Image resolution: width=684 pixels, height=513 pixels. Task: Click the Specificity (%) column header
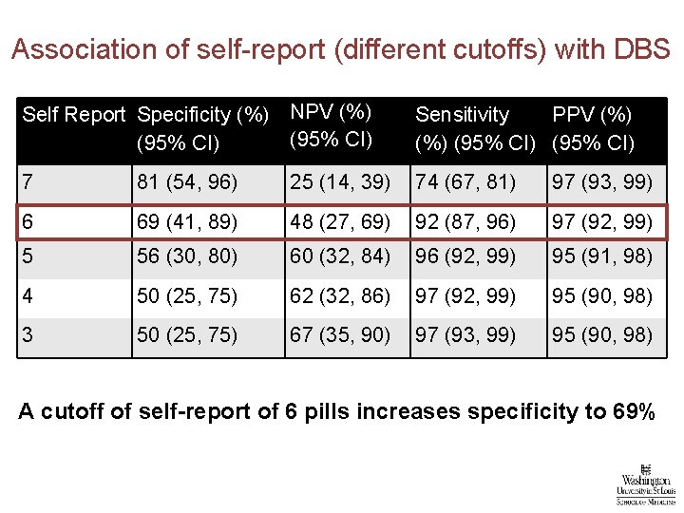click(x=202, y=128)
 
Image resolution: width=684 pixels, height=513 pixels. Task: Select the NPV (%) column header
click(x=330, y=125)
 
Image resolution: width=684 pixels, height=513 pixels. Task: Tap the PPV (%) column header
click(x=594, y=128)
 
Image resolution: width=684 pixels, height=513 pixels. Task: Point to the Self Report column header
click(x=73, y=115)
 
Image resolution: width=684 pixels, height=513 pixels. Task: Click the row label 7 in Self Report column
click(x=28, y=181)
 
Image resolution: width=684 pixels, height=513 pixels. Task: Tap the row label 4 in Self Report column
click(x=28, y=296)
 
